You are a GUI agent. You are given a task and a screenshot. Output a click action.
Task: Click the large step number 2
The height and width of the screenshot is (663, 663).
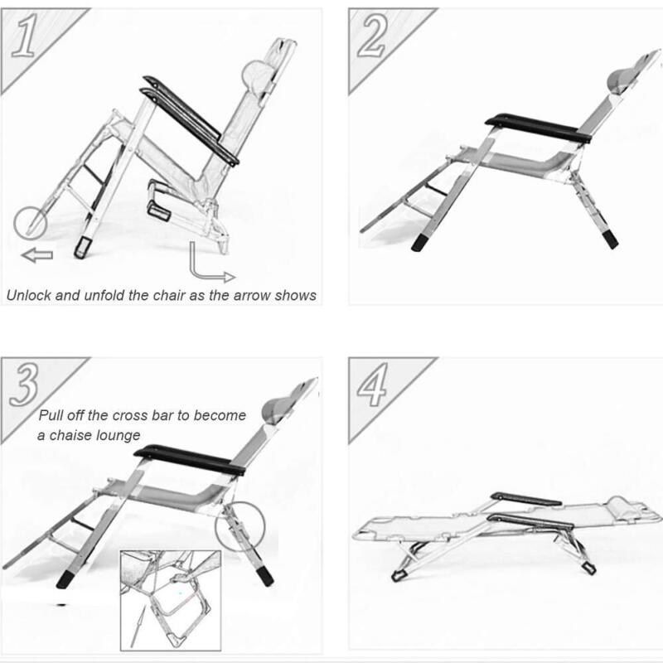[372, 36]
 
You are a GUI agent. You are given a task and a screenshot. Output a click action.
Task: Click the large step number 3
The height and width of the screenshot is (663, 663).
[25, 384]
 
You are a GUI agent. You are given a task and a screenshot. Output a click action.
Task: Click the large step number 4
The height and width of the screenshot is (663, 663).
[373, 384]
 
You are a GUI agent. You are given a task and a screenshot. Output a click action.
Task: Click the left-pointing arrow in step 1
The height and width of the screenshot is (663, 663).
[37, 255]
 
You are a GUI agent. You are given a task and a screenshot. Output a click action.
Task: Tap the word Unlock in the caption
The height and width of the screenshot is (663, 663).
[29, 295]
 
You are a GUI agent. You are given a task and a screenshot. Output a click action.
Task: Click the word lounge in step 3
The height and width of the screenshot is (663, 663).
[119, 436]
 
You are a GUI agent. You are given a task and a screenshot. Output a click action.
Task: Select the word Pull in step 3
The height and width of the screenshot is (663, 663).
[51, 415]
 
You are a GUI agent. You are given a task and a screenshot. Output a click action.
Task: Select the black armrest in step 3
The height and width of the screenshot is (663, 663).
[190, 460]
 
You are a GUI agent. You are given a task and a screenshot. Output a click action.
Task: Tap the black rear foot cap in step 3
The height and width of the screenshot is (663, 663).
[265, 576]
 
